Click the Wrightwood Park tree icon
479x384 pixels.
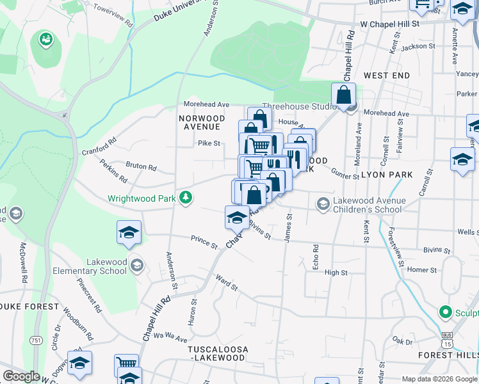pos(186,197)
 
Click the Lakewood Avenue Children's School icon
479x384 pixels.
pos(323,204)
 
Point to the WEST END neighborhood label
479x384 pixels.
pos(387,76)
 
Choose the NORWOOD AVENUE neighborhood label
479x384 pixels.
pos(202,123)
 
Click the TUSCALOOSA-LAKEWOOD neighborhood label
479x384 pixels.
pos(216,353)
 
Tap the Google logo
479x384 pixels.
pos(21,376)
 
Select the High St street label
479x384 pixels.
pos(336,273)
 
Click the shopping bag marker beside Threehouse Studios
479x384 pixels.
pos(343,96)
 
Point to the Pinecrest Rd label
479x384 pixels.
pos(89,294)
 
